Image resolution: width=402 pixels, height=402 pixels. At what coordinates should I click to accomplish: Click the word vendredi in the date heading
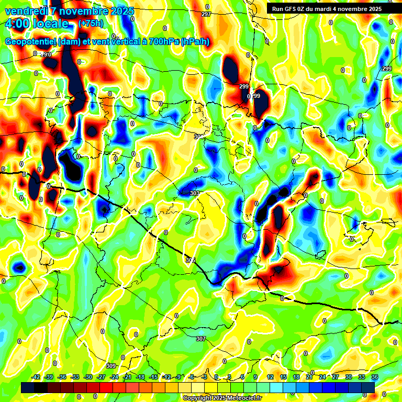pos(26,11)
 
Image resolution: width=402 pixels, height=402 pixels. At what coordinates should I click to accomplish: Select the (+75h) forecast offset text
pos(91,24)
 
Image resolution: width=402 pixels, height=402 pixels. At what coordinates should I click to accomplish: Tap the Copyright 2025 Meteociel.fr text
pos(222,398)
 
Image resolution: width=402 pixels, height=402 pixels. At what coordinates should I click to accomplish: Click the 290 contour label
pos(46,54)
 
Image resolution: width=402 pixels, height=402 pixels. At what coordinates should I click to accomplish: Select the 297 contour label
pos(206,14)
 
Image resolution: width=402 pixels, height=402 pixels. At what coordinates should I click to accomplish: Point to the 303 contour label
pos(195,194)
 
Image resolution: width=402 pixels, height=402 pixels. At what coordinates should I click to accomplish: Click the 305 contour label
pos(190,260)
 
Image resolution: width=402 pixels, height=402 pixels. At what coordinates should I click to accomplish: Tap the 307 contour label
pos(200,339)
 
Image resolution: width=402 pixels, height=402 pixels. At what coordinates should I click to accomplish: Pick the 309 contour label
pos(110,365)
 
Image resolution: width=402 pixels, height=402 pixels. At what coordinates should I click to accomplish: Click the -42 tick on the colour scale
pos(36,377)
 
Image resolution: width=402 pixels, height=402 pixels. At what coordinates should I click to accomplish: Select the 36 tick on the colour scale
pos(375,377)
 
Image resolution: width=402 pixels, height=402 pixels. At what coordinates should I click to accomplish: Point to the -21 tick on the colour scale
pos(127,377)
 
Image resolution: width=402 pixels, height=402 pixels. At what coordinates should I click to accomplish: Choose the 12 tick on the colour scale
pos(270,377)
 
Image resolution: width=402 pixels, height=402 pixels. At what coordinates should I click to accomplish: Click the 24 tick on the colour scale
pos(322,377)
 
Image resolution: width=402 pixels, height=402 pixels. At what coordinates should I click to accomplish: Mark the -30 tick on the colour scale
pos(88,377)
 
